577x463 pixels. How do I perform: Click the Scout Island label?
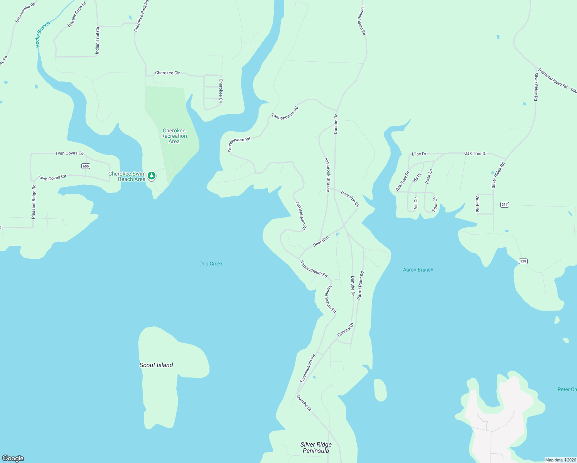156,365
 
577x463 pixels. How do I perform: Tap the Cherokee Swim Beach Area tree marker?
152,176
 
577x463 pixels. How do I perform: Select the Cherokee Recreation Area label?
174,136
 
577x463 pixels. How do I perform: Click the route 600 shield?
86,166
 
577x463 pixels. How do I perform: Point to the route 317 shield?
504,204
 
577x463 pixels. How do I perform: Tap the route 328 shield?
523,261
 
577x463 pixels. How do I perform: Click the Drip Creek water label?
211,264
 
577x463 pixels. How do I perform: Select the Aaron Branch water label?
418,270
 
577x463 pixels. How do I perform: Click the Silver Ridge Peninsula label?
316,448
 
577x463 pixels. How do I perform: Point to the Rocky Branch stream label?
42,35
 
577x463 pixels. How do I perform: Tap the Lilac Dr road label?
419,154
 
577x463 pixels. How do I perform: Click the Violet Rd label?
477,204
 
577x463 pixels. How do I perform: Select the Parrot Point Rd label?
360,286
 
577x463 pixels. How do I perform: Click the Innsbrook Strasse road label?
327,174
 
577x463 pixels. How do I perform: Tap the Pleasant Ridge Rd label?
34,202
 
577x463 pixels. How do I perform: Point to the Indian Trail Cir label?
98,40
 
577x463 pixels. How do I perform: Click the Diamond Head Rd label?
553,78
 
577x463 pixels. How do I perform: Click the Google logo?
13,458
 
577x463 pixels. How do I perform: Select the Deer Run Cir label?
349,199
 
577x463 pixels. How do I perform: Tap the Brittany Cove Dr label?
77,14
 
